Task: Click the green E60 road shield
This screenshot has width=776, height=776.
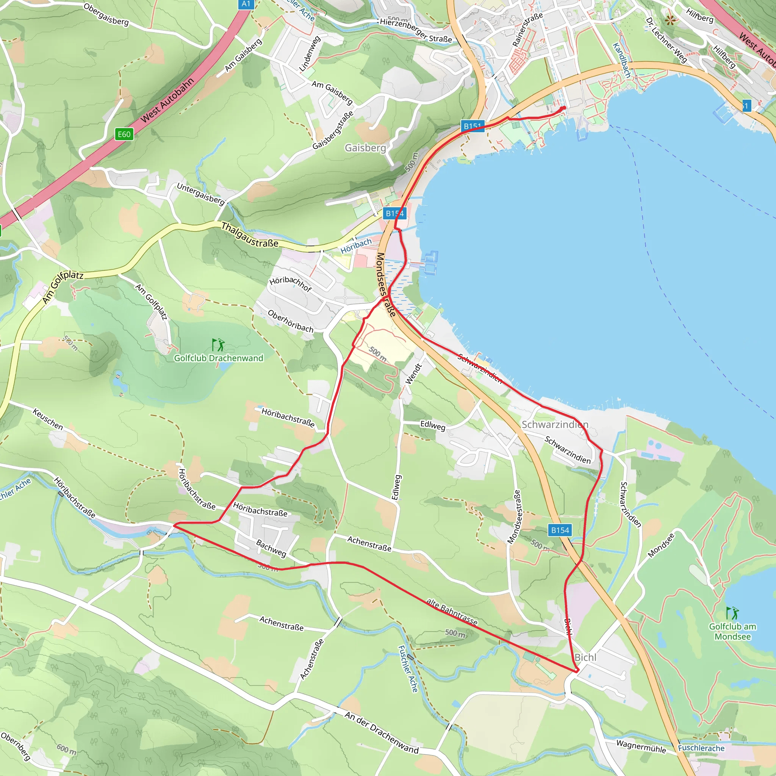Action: click(x=124, y=134)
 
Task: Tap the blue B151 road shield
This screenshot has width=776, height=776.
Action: click(x=472, y=126)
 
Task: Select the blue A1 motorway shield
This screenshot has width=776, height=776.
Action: click(x=246, y=4)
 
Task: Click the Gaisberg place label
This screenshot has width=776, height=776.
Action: click(x=365, y=148)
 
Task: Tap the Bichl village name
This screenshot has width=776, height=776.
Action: click(x=585, y=657)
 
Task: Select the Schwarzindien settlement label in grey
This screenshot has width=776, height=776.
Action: click(x=555, y=424)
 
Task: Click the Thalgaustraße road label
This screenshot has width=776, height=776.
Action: click(x=249, y=235)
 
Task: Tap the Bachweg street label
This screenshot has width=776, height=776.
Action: click(x=272, y=548)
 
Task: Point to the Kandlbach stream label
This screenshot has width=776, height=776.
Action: click(x=621, y=60)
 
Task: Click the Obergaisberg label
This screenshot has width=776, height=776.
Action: click(x=106, y=14)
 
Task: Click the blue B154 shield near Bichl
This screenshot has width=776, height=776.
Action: click(x=560, y=530)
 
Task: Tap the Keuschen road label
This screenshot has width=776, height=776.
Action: click(x=48, y=419)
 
